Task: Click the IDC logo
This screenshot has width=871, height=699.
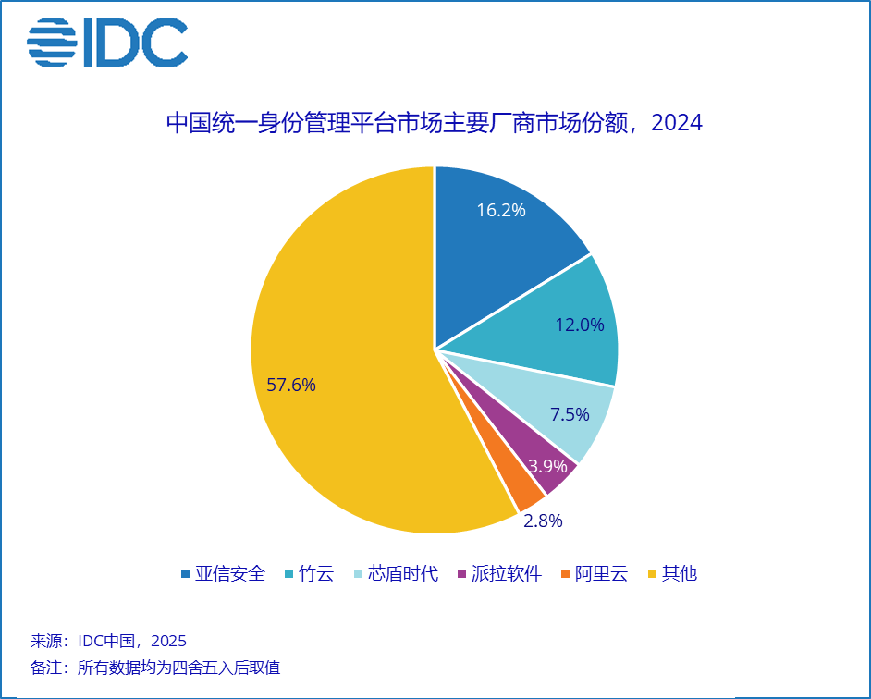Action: coord(107,43)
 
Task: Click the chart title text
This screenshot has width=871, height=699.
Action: coord(434,122)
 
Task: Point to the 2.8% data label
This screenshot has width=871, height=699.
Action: coord(543,521)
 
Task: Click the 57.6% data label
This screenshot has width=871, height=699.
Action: coord(291,386)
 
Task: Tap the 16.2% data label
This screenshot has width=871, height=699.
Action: coord(501,210)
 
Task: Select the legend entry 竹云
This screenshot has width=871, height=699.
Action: coord(311,574)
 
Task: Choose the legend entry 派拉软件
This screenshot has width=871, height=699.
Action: coord(499,574)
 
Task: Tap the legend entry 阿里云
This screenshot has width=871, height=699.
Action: coord(594,574)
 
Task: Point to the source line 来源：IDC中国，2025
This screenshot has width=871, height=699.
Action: coord(109,641)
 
